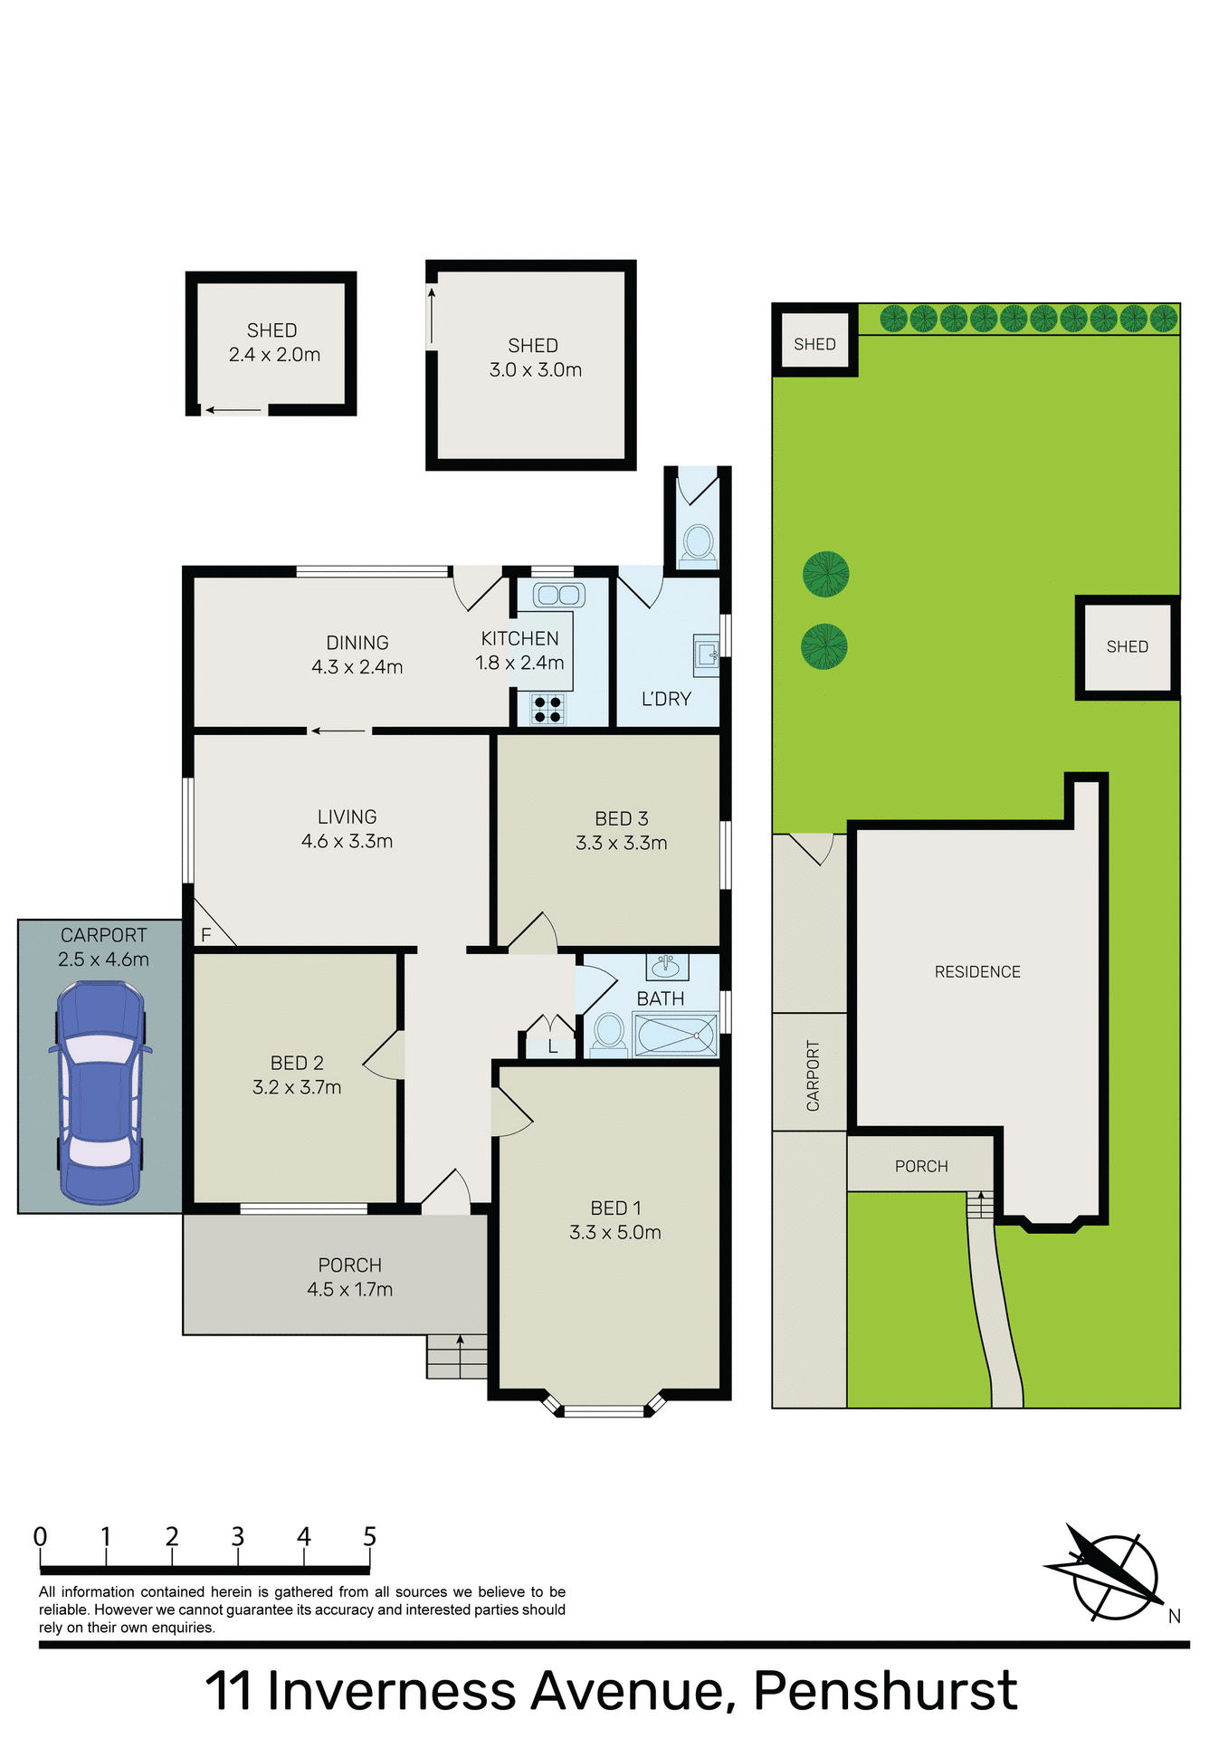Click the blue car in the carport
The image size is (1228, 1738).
coord(100,1092)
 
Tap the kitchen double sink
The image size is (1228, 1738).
coord(558,595)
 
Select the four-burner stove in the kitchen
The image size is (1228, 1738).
coord(547,709)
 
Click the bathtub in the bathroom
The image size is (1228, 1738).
coord(676,1035)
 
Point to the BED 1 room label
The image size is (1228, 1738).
coord(615,1208)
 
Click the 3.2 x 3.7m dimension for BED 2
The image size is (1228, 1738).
coord(297,1087)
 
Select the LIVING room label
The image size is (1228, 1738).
coord(347,816)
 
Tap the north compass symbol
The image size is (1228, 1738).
coord(1112,1576)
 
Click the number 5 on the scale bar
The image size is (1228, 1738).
coord(369,1537)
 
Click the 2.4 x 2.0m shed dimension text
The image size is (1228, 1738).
coord(274,355)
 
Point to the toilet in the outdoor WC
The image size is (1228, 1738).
coord(697,543)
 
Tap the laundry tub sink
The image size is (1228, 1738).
coord(707,653)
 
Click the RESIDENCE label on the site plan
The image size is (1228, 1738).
coord(977,971)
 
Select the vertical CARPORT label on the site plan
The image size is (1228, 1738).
coord(813,1075)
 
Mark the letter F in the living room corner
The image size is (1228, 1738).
coord(206,935)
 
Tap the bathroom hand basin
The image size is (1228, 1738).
coord(667,966)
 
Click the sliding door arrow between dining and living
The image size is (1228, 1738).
coord(338,731)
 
